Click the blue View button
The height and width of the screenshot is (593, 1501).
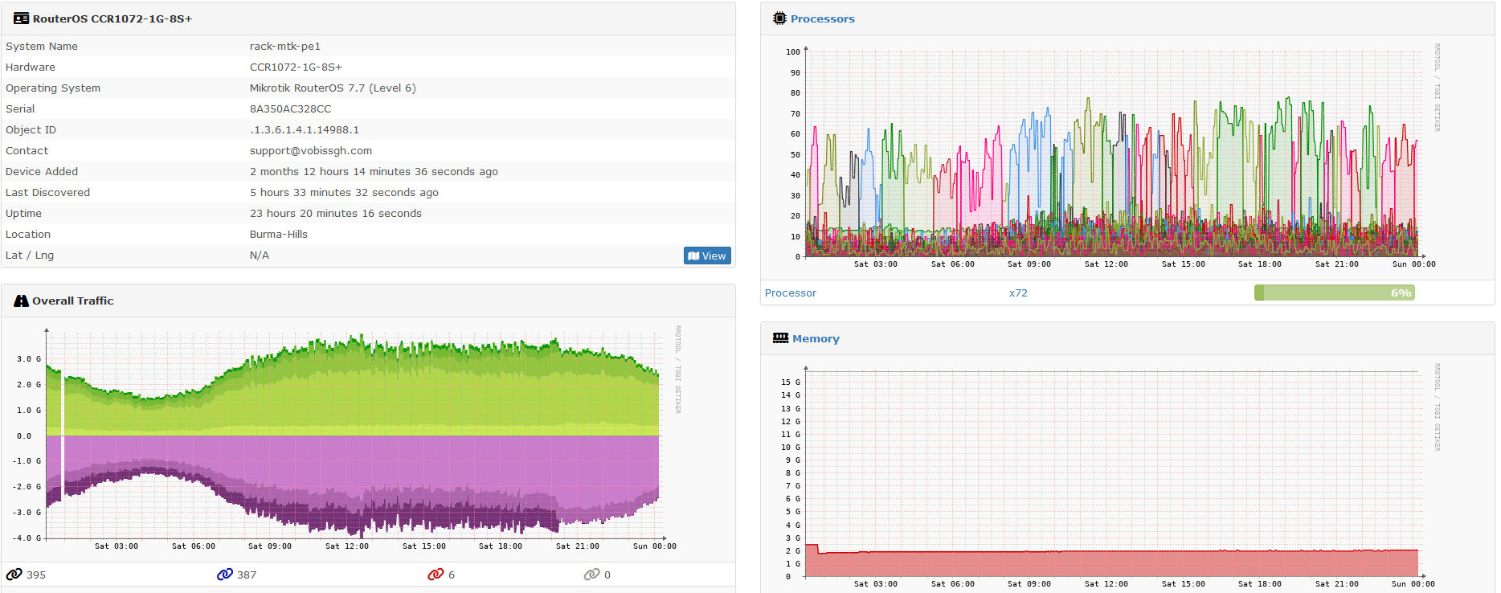tap(707, 256)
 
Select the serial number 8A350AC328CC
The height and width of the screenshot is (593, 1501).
tap(290, 109)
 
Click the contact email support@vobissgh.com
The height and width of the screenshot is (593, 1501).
tap(310, 151)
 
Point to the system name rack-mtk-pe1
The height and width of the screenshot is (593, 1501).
tap(284, 47)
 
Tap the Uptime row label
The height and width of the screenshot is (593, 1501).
tap(23, 214)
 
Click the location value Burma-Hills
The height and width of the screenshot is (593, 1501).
tap(278, 235)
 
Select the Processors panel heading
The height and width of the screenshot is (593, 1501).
tap(822, 18)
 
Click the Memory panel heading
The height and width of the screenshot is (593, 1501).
tap(816, 338)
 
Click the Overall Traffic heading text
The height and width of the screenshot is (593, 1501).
tap(72, 301)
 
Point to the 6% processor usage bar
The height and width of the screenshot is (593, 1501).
tap(1334, 293)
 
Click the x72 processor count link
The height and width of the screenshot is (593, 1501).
tap(1018, 293)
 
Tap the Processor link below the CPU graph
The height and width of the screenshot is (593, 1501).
tap(790, 293)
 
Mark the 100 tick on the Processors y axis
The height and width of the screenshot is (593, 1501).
tap(793, 52)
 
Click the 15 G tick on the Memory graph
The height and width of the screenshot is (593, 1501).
tap(791, 382)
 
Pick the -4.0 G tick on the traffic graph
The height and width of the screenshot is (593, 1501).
tap(27, 538)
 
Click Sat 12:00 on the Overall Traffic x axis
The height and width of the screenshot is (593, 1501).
tap(346, 546)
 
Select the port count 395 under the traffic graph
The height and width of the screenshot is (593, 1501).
tap(36, 575)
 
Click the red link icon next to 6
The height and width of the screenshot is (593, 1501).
tap(436, 575)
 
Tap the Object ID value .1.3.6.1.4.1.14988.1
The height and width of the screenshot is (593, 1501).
tap(304, 130)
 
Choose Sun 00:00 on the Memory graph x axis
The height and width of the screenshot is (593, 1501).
tap(1413, 584)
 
